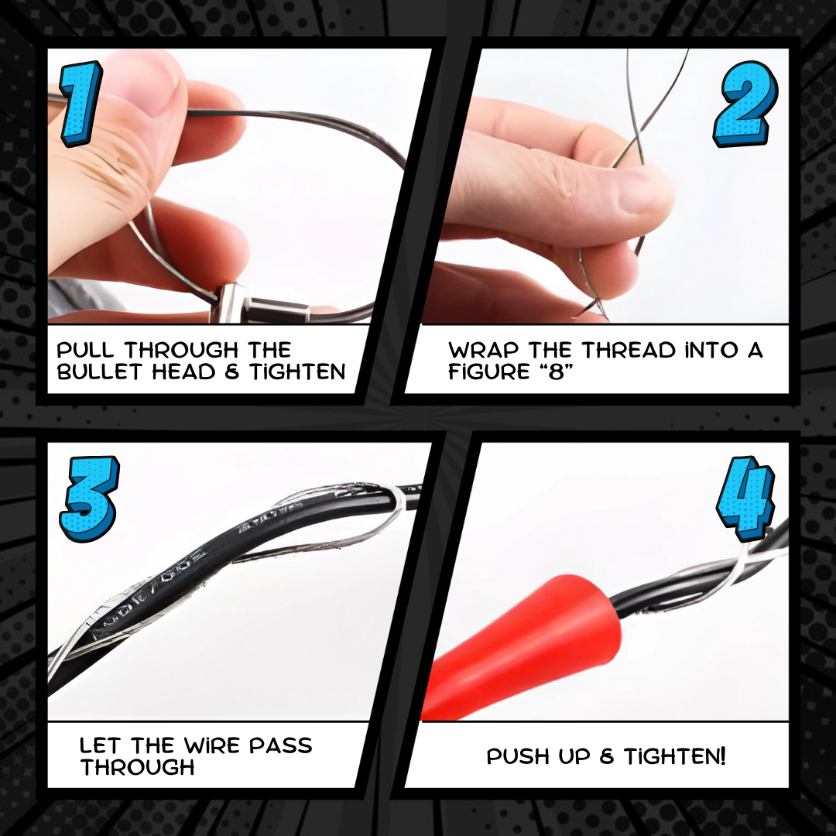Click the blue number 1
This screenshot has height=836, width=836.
81,103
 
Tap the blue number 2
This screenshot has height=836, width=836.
746,104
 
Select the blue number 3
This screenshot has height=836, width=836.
89,499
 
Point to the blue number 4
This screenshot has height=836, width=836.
746,498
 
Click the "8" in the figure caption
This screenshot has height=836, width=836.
557,372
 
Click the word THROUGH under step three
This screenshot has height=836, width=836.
138,767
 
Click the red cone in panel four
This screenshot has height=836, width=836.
528,645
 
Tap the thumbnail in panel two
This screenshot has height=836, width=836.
644,193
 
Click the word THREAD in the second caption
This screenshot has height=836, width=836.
629,351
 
